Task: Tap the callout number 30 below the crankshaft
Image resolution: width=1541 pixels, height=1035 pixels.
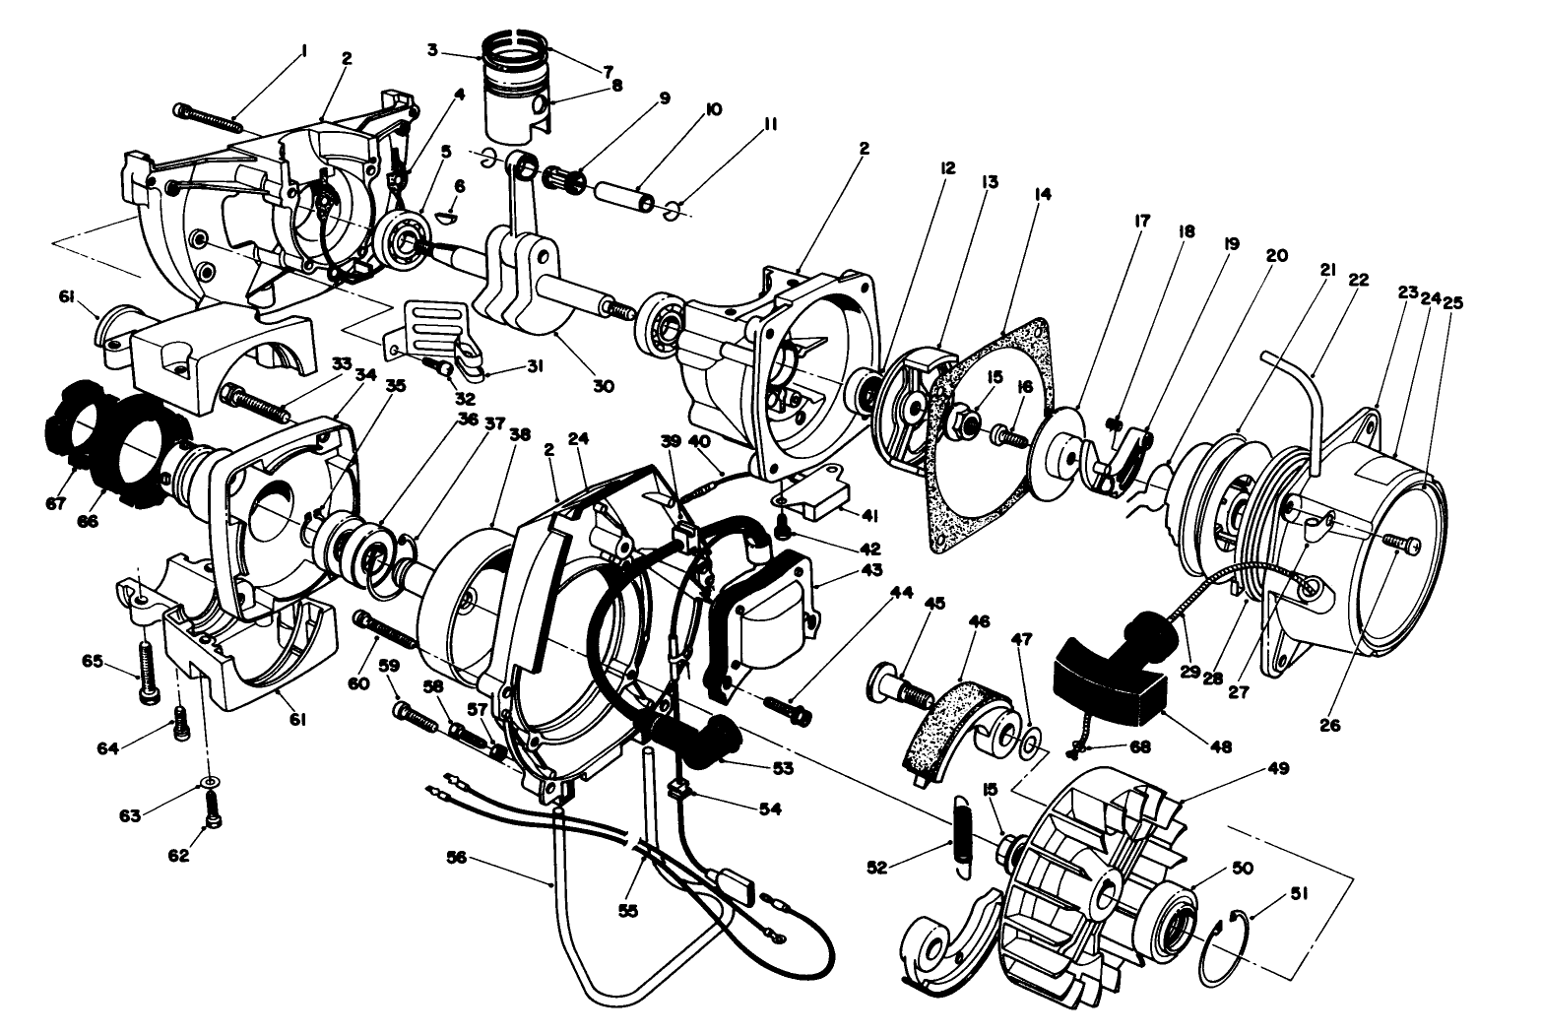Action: pyautogui.click(x=603, y=386)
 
